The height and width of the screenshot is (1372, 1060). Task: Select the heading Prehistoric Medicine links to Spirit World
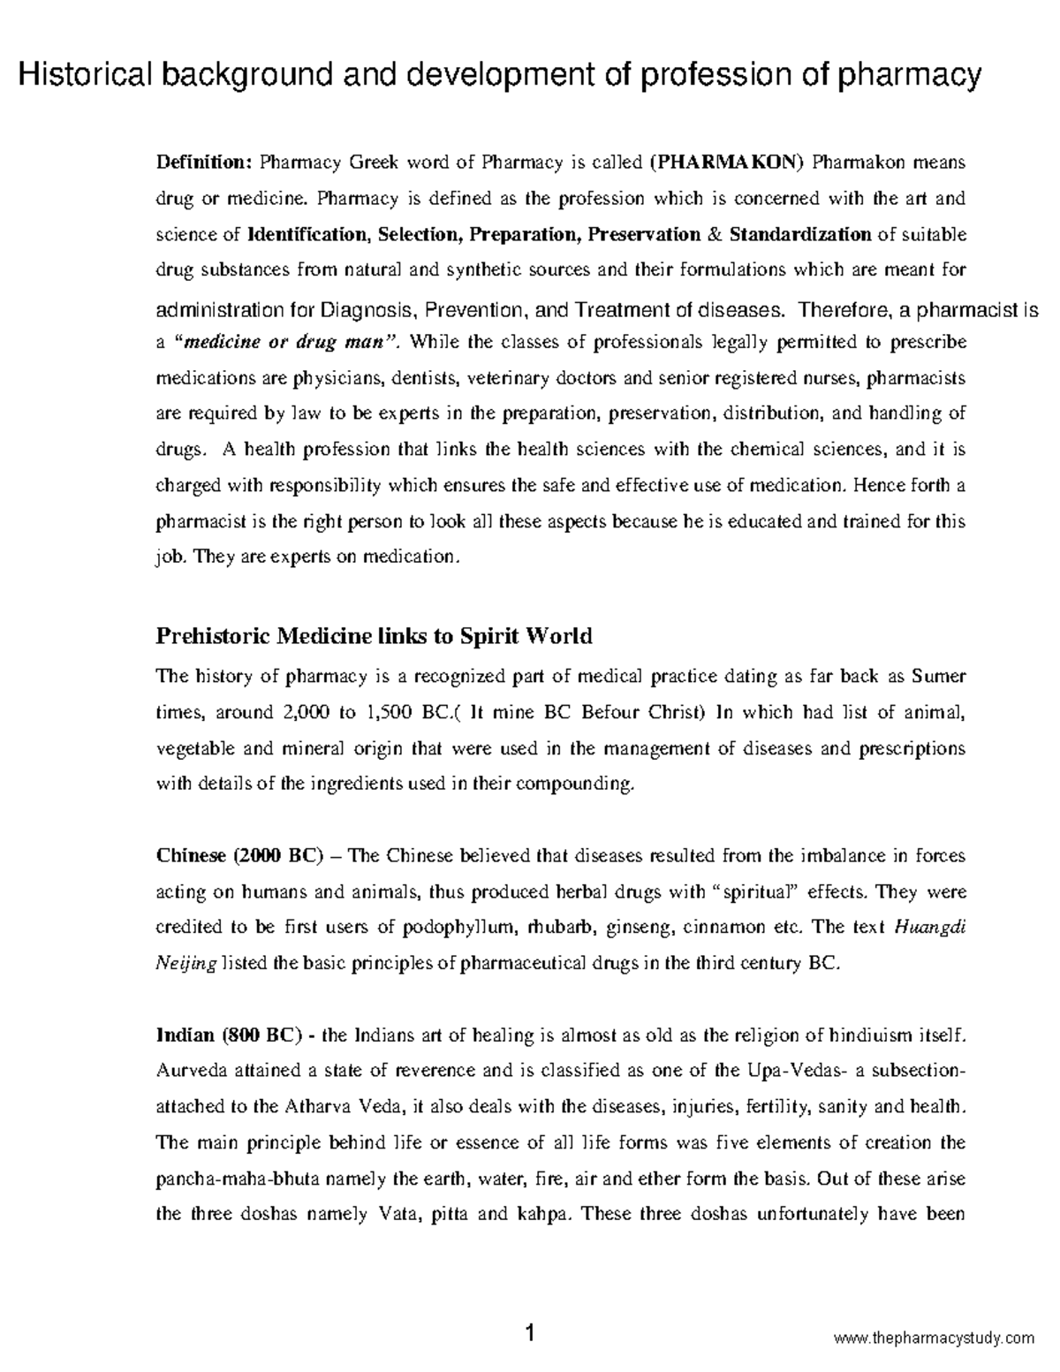pos(374,636)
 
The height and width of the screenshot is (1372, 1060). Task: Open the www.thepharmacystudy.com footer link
pos(934,1338)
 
